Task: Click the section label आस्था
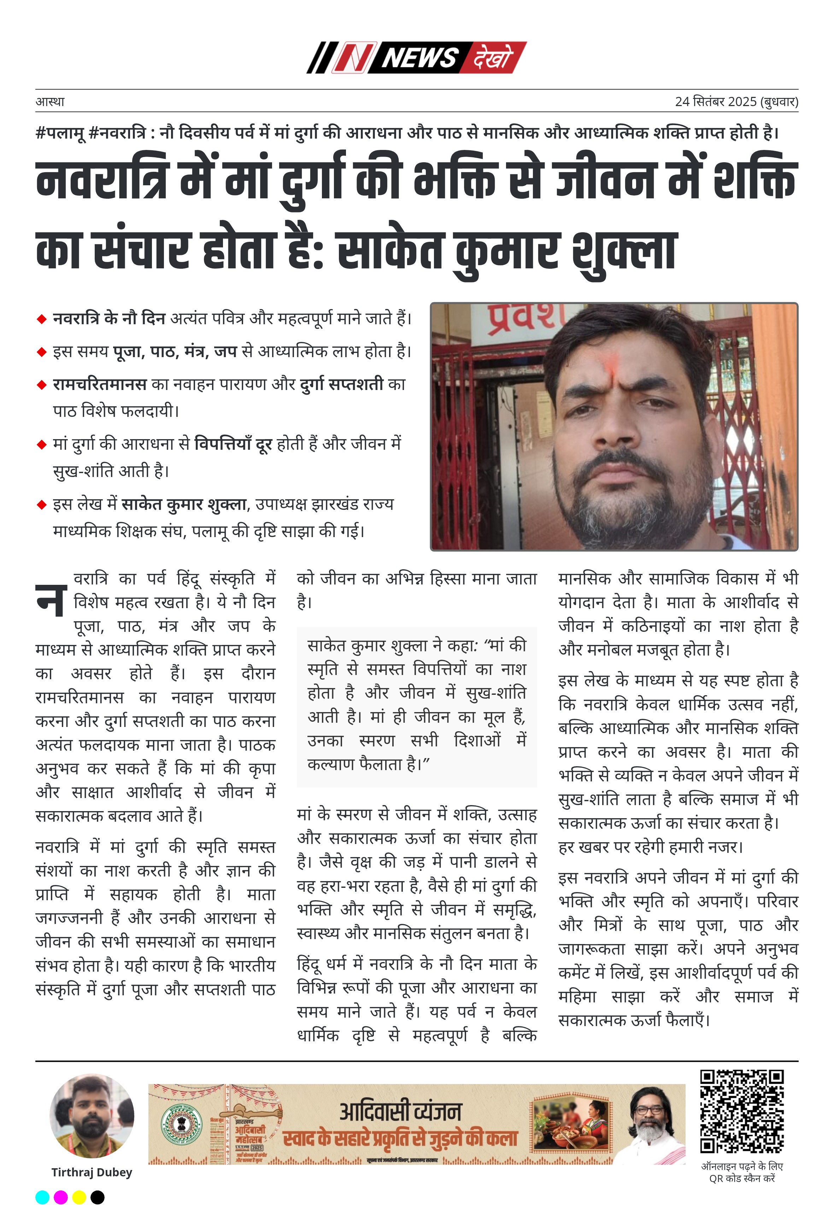point(50,101)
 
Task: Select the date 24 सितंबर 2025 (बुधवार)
point(736,101)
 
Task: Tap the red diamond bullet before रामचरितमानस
point(42,385)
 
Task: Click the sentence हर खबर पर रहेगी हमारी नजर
point(651,846)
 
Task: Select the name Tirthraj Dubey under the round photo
point(92,1172)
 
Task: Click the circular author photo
point(92,1116)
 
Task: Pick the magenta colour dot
point(61,1197)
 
